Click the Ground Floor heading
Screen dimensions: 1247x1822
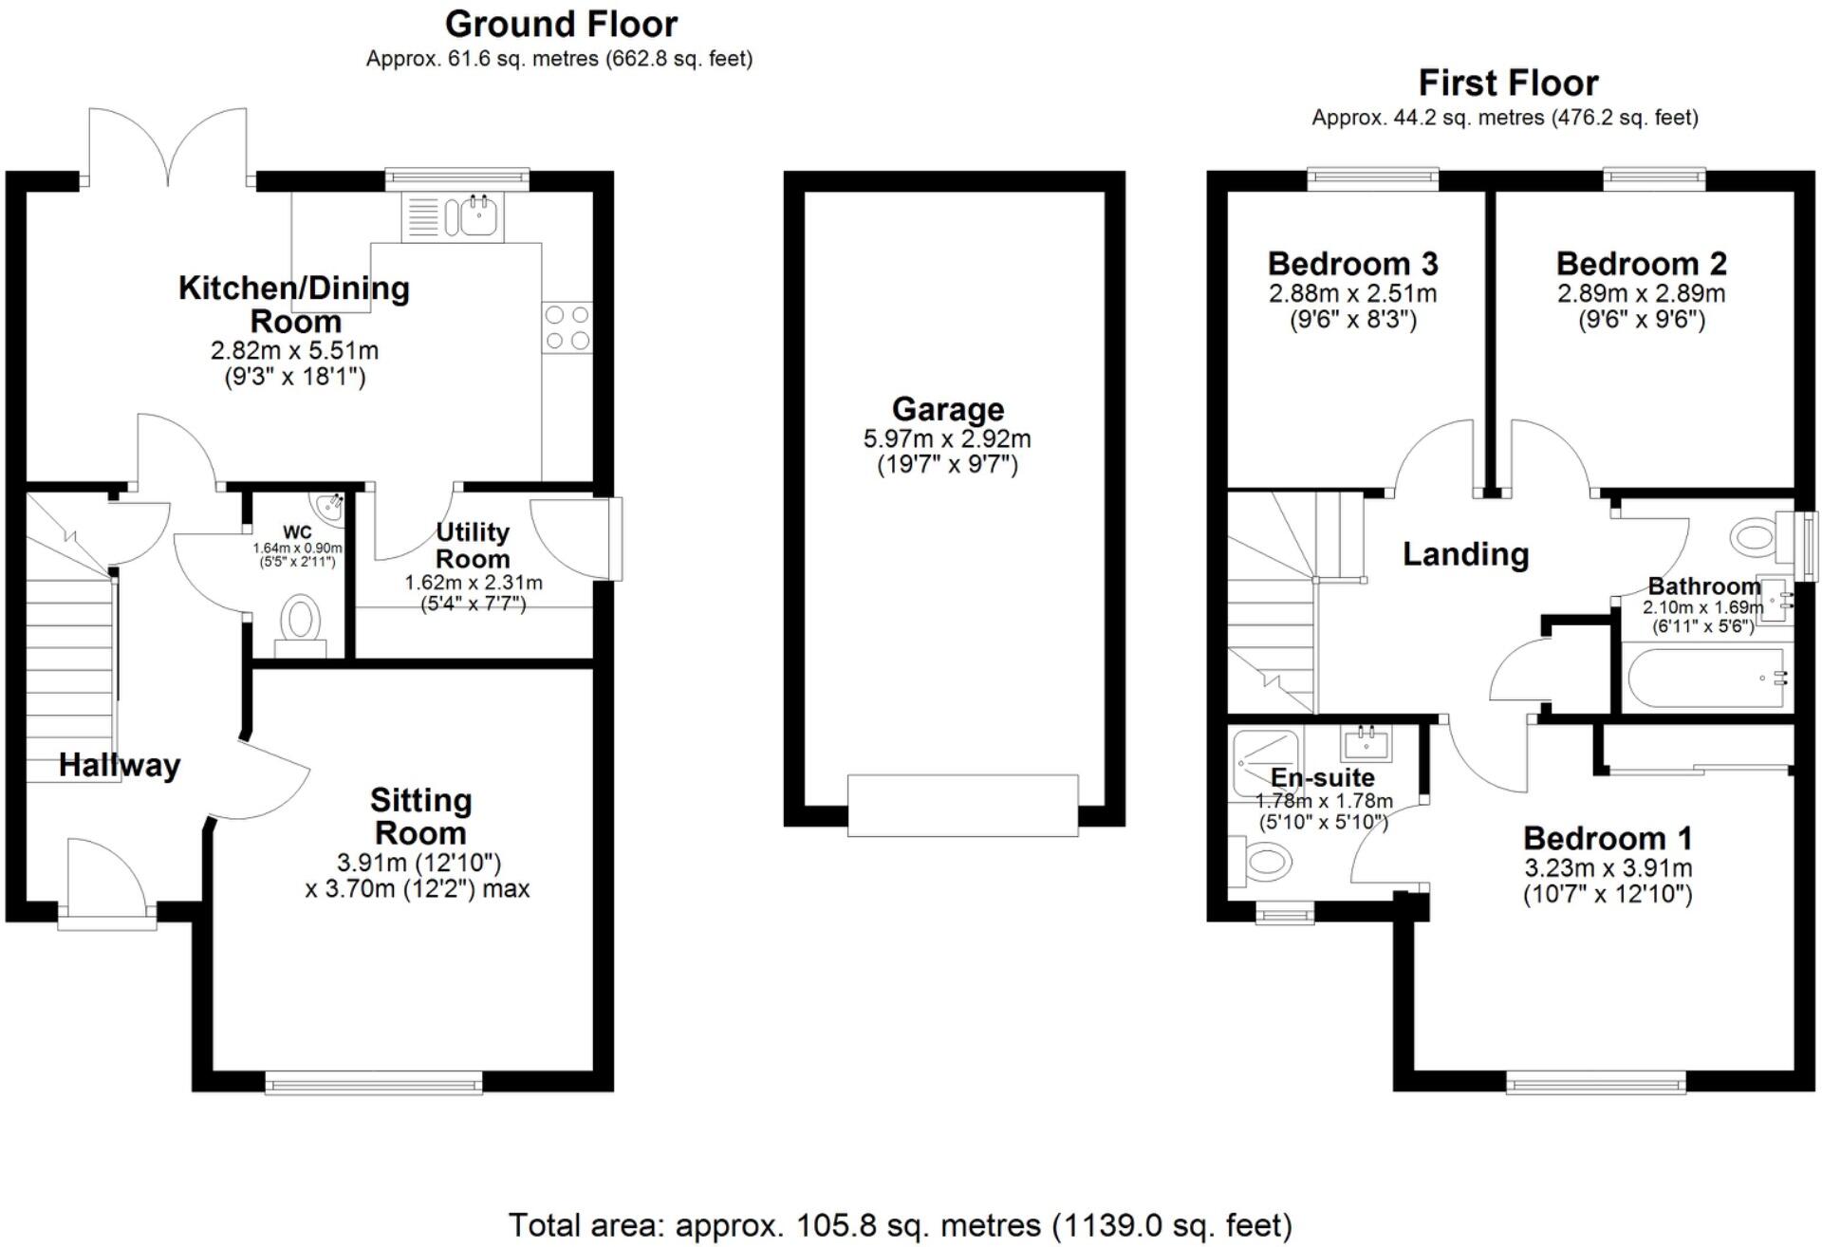[x=561, y=24]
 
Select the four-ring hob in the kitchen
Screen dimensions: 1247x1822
[x=567, y=327]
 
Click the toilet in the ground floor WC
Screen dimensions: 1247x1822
[x=301, y=622]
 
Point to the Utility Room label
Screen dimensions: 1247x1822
[x=473, y=546]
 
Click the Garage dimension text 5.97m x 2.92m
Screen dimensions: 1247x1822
[x=946, y=438]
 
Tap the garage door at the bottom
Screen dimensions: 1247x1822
[x=962, y=805]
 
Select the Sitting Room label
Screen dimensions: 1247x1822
[x=420, y=816]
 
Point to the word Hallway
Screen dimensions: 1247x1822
[x=120, y=765]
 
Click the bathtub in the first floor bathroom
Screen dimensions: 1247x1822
[x=1704, y=678]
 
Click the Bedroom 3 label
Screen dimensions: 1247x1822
[x=1352, y=263]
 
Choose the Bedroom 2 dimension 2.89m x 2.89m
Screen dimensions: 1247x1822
[x=1641, y=293]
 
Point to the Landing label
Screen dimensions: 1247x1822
[x=1465, y=553]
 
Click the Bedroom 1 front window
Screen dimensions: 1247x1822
[x=1596, y=1082]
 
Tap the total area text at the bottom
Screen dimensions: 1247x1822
[x=900, y=1225]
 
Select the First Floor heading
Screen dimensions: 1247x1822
[x=1507, y=84]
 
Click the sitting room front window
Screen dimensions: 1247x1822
[x=373, y=1082]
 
